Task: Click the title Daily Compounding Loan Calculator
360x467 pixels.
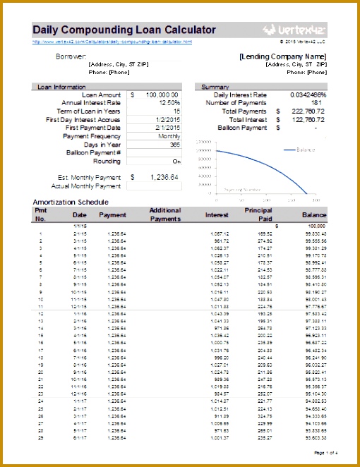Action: point(124,30)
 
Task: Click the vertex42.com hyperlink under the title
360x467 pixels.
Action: point(112,42)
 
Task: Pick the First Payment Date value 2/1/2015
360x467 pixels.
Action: point(167,128)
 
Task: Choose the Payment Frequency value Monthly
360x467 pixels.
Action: point(169,136)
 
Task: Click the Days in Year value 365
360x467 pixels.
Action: point(172,145)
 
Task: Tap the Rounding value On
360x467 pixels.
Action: point(176,162)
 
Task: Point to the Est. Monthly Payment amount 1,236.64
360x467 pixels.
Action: point(162,178)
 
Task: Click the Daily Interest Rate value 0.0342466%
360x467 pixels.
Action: point(308,95)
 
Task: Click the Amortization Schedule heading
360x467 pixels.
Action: point(71,202)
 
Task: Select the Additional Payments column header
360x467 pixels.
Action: point(165,214)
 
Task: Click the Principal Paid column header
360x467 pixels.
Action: point(258,214)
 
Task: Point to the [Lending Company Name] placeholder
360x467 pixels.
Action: point(282,56)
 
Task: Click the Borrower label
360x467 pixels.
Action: point(71,56)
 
